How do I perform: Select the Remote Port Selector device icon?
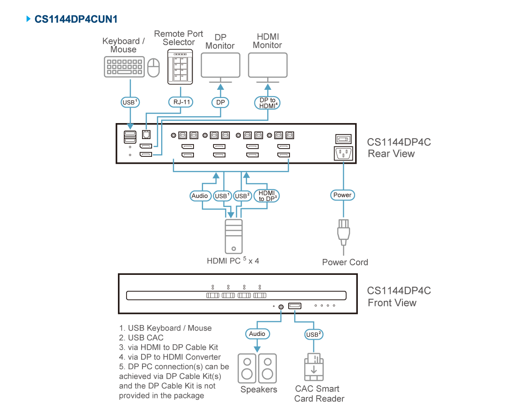[180, 67]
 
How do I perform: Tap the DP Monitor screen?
[220, 65]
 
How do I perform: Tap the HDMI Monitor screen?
[268, 65]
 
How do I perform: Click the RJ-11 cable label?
[181, 102]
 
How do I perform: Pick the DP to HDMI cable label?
[268, 103]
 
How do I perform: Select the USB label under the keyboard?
[130, 102]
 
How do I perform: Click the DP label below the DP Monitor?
[220, 103]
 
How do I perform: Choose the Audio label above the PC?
[200, 196]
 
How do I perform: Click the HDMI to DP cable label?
[267, 196]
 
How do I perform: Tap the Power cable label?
[342, 195]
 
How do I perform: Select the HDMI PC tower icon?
[234, 236]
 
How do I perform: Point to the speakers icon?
[257, 368]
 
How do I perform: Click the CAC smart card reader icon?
[314, 367]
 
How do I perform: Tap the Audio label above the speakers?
[257, 334]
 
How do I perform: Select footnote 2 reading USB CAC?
[141, 338]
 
